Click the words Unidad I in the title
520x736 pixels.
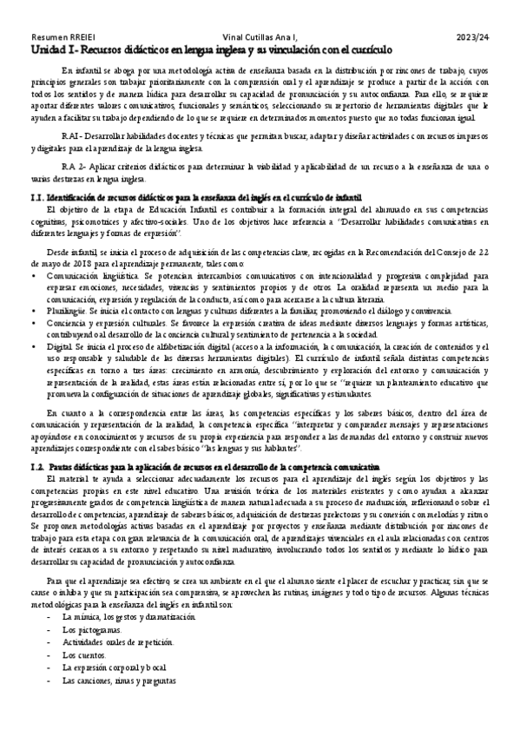[49, 50]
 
